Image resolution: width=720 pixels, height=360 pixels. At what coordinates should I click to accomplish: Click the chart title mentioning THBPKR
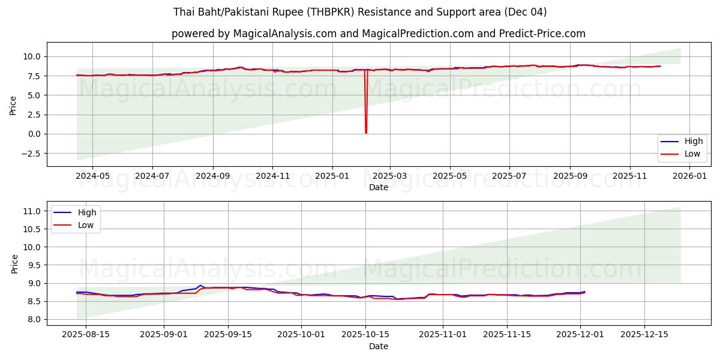360,12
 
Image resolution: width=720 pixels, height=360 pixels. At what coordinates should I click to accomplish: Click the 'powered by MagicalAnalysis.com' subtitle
378,34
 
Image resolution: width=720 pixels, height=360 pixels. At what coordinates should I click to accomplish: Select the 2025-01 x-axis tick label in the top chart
332,176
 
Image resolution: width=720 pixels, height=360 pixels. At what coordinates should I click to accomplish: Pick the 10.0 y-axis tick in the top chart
31,56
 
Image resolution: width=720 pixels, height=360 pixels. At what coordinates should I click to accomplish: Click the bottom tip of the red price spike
366,133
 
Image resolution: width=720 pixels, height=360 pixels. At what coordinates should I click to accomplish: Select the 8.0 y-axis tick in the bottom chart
34,319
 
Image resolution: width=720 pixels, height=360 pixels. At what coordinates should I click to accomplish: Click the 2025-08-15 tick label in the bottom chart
85,335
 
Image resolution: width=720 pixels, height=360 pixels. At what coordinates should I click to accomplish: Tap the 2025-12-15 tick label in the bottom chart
644,335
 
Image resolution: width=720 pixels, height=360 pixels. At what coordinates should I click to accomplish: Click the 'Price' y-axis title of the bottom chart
15,264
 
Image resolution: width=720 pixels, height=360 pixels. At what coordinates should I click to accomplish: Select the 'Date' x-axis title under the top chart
379,187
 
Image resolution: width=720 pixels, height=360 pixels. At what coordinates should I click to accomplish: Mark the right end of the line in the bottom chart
584,292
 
